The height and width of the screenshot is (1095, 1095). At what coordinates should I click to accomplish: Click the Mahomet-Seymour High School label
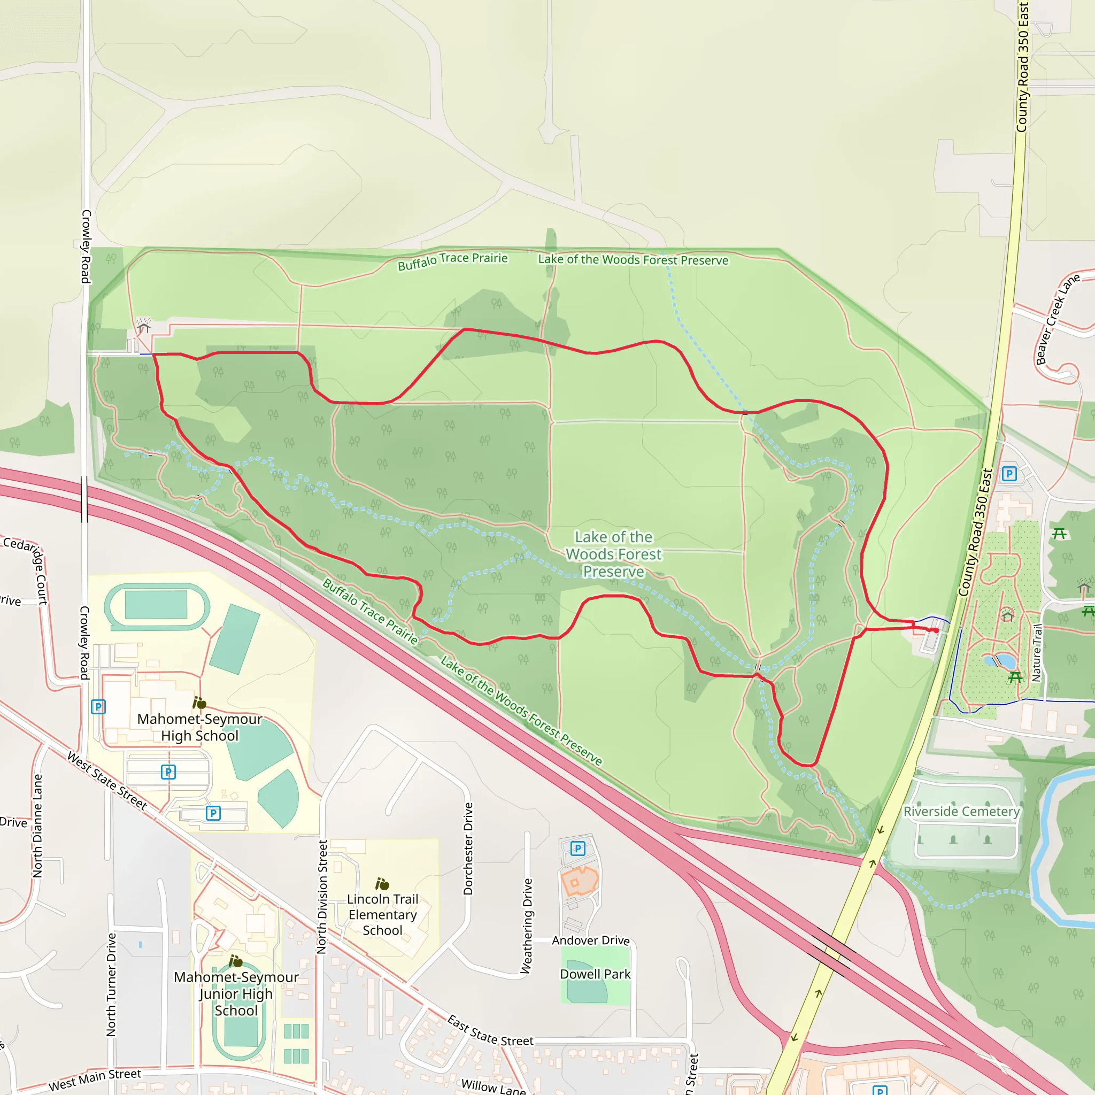click(199, 727)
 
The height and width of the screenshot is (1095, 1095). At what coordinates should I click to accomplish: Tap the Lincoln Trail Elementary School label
click(383, 914)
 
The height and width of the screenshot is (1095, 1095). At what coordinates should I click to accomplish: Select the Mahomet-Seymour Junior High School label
click(236, 993)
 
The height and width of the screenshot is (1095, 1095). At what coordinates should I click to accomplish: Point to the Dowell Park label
click(595, 974)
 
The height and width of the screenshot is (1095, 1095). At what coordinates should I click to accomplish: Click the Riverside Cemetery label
click(961, 812)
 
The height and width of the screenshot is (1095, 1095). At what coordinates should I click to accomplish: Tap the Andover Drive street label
click(591, 940)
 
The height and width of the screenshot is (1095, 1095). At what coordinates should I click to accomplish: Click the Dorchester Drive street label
click(468, 849)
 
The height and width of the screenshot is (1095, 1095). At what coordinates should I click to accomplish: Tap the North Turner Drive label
click(111, 985)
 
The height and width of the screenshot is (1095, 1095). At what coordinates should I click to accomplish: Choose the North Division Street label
click(322, 897)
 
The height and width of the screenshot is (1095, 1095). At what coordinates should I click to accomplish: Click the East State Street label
click(490, 1031)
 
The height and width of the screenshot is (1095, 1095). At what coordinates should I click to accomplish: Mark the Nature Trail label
click(1038, 652)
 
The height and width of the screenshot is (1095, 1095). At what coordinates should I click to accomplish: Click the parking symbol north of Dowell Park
click(577, 849)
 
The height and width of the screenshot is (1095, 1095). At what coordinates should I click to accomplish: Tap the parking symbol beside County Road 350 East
click(1009, 473)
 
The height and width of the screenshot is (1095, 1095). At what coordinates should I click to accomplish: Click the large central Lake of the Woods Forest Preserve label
click(614, 554)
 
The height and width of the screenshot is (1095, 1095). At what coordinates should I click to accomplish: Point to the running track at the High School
click(157, 606)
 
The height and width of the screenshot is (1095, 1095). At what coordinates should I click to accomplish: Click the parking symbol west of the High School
click(98, 707)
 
